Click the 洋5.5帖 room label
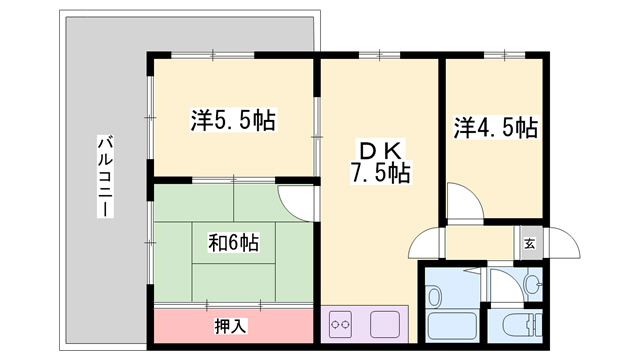click(233, 120)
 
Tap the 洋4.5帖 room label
click(496, 127)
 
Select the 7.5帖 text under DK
click(380, 173)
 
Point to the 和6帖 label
click(233, 243)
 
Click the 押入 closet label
click(231, 326)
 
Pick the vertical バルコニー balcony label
click(105, 176)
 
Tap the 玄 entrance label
click(529, 244)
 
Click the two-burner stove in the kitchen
click(340, 324)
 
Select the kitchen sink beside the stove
click(385, 324)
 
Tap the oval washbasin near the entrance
click(532, 283)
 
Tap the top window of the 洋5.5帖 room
click(213, 54)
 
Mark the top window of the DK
click(379, 54)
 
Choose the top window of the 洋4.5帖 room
click(504, 54)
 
